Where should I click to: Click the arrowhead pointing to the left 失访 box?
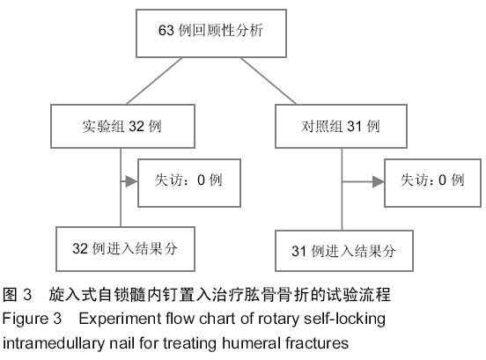[131, 181]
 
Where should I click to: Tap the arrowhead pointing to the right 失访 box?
[378, 181]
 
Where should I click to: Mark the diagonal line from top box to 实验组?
[154, 81]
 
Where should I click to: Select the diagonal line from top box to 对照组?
[269, 81]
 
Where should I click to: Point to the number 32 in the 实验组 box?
[136, 127]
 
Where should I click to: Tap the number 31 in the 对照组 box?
[355, 127]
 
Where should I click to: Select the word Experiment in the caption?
[120, 320]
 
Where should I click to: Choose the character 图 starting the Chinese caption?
[10, 294]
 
